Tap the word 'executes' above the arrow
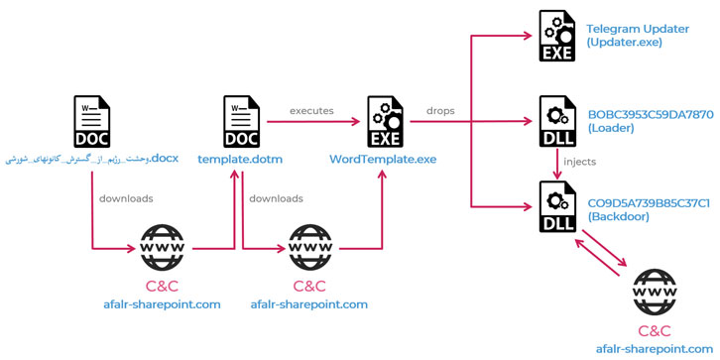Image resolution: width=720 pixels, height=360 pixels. pyautogui.click(x=310, y=110)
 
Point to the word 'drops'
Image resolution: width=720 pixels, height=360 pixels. pyautogui.click(x=441, y=110)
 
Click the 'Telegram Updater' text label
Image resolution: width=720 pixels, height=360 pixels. pyautogui.click(x=637, y=29)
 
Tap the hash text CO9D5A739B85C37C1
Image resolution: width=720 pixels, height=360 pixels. pyautogui.click(x=648, y=202)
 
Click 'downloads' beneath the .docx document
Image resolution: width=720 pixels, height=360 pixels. pyautogui.click(x=126, y=198)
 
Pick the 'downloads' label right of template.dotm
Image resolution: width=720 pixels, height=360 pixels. pyautogui.click(x=276, y=198)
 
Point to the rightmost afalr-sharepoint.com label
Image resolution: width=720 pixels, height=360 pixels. pyautogui.click(x=654, y=349)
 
